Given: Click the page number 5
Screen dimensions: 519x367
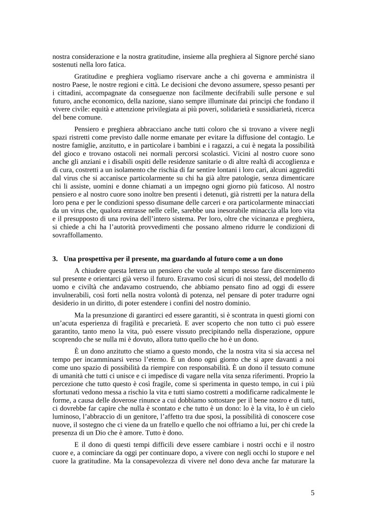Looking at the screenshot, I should click(x=312, y=492).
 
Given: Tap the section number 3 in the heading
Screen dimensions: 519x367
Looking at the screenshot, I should click(x=55, y=259).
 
